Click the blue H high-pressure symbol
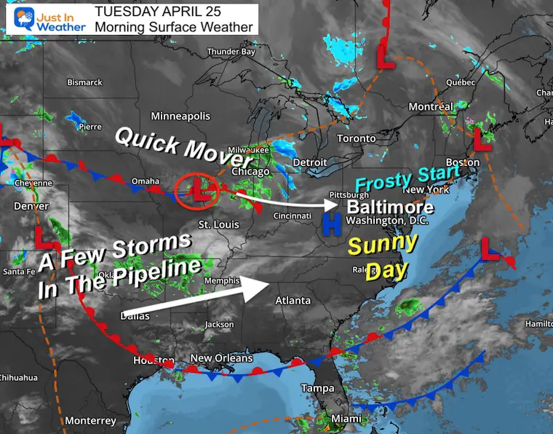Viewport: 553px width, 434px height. click(x=332, y=225)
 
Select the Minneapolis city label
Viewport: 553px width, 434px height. click(x=180, y=117)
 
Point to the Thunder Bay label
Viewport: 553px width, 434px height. click(x=231, y=52)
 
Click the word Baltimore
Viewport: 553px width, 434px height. click(x=391, y=208)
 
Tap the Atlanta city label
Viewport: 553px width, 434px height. click(x=293, y=300)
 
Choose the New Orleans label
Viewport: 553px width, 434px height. click(x=221, y=358)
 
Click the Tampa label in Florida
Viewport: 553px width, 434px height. click(x=318, y=388)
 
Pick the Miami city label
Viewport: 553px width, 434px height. click(x=346, y=419)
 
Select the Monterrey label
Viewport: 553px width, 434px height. click(x=90, y=421)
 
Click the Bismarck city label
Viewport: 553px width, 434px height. click(x=84, y=82)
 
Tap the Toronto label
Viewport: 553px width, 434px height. click(x=357, y=138)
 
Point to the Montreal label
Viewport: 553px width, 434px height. click(x=431, y=107)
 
